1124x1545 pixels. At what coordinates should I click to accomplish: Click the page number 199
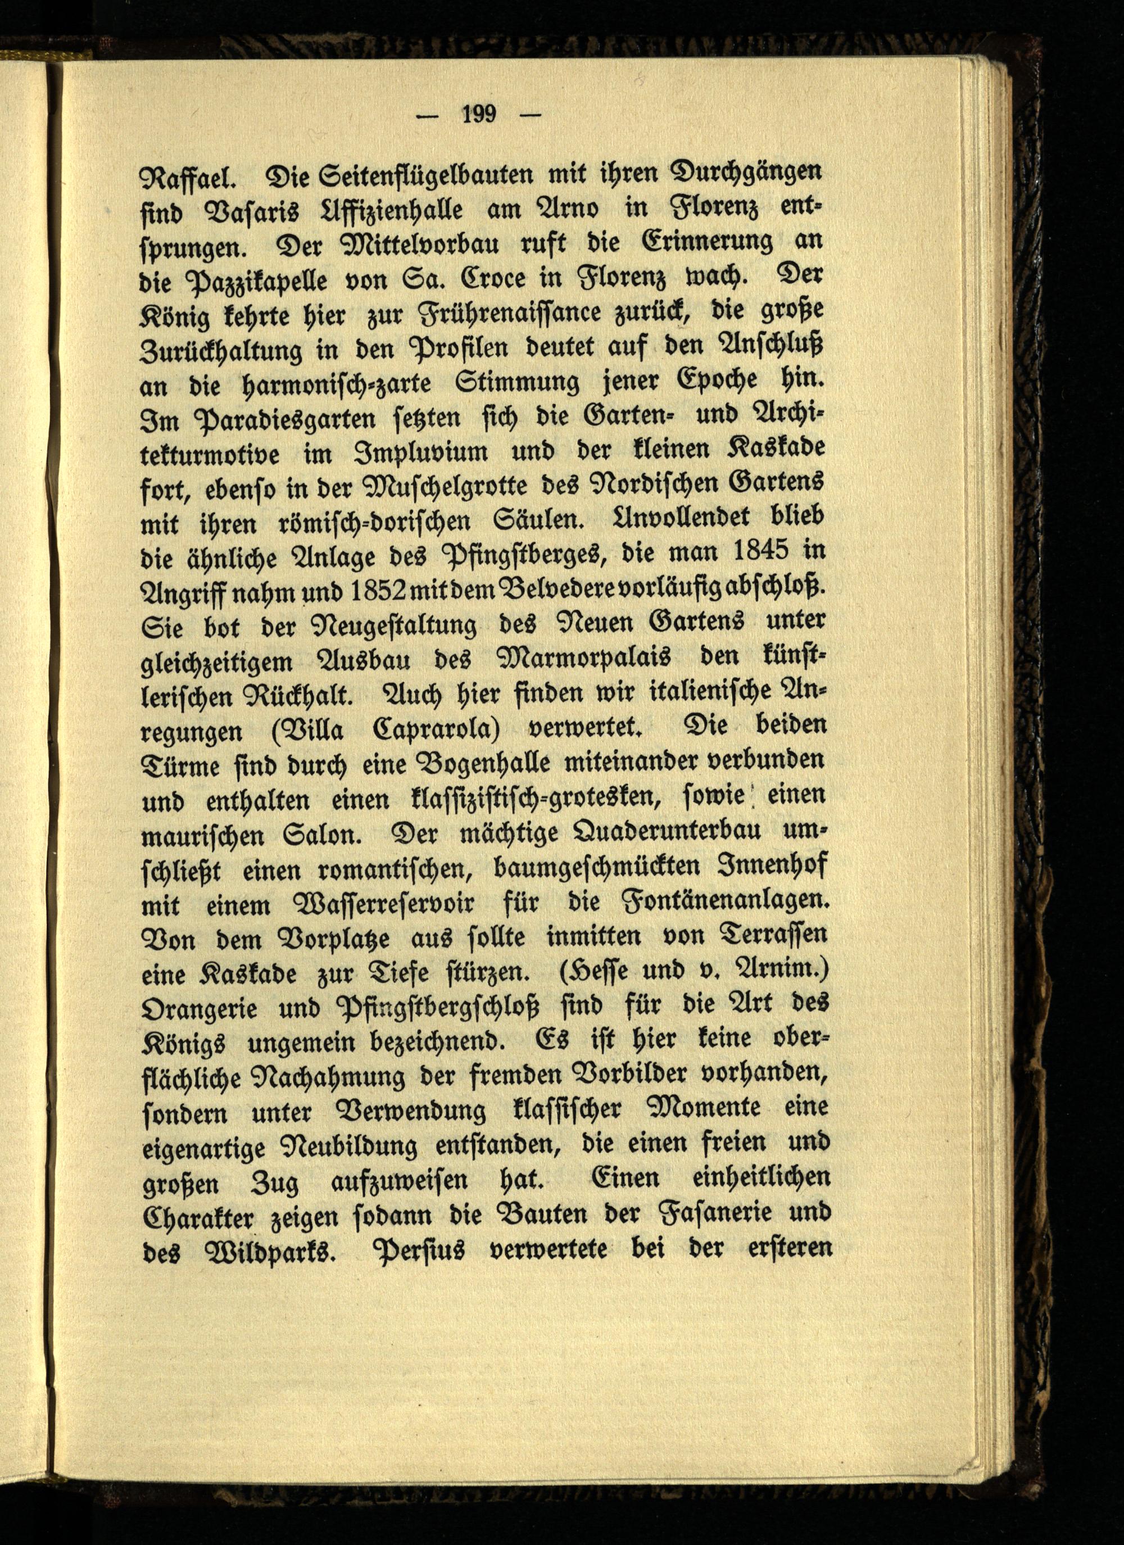pos(479,114)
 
